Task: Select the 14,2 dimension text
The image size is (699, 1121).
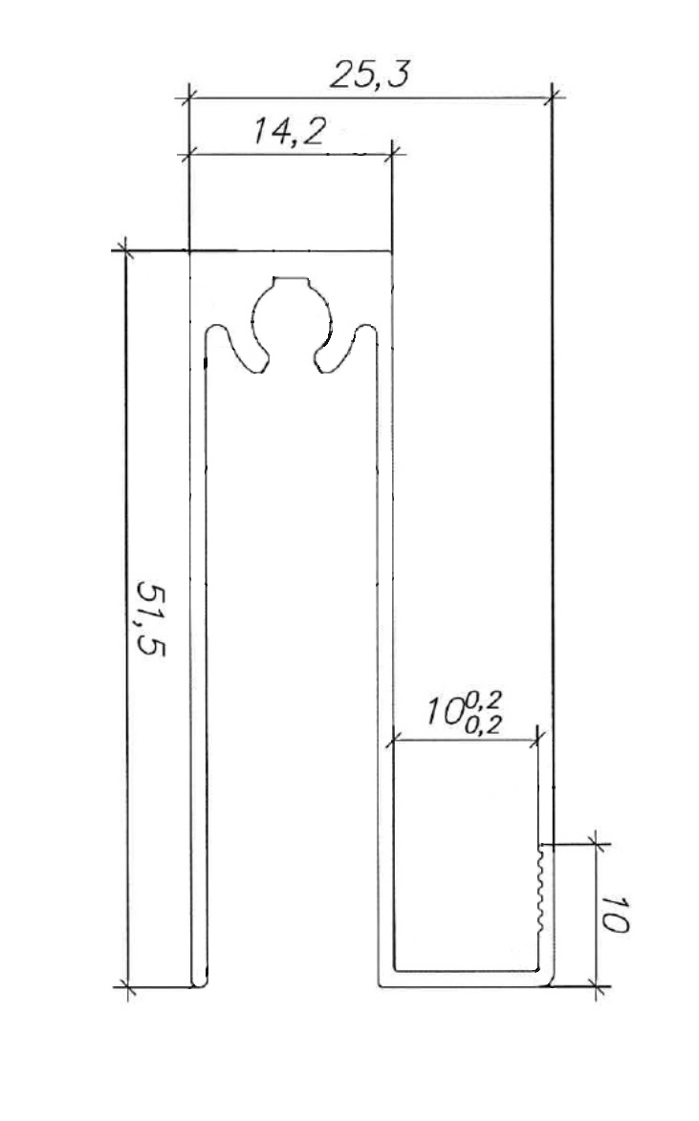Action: click(288, 133)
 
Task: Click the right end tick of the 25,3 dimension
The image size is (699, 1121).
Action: click(553, 96)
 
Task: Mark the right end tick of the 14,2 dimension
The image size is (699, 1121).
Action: click(393, 152)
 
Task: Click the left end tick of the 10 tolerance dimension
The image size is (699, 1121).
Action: click(392, 740)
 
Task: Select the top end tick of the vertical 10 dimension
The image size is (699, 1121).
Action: click(595, 844)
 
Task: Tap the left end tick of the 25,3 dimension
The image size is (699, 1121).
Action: click(188, 96)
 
